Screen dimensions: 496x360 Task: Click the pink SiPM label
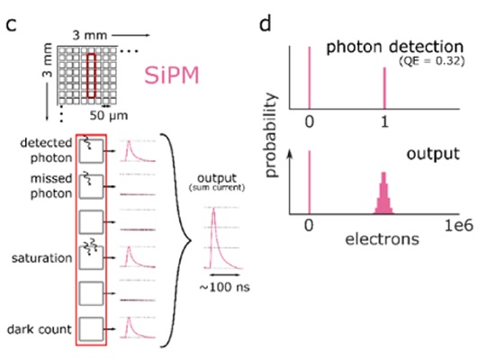172,76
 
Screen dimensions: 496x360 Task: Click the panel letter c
12,24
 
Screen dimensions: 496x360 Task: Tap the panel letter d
265,22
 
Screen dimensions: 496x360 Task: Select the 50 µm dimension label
109,115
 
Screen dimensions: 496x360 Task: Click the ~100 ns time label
224,287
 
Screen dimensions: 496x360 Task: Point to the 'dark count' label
40,329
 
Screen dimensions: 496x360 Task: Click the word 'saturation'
42,258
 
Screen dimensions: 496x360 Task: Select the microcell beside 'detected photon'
91,151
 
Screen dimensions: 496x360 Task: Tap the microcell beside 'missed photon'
91,186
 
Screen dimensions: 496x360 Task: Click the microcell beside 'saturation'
91,257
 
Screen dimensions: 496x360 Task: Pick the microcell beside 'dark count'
91,329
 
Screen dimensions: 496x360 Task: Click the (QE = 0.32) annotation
432,60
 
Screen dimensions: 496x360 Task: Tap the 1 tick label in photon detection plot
384,121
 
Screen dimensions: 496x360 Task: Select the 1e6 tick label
459,226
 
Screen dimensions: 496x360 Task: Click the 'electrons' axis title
382,239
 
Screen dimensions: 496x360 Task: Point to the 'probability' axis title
272,135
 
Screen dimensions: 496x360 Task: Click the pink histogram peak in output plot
383,193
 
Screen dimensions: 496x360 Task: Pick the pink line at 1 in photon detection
384,88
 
